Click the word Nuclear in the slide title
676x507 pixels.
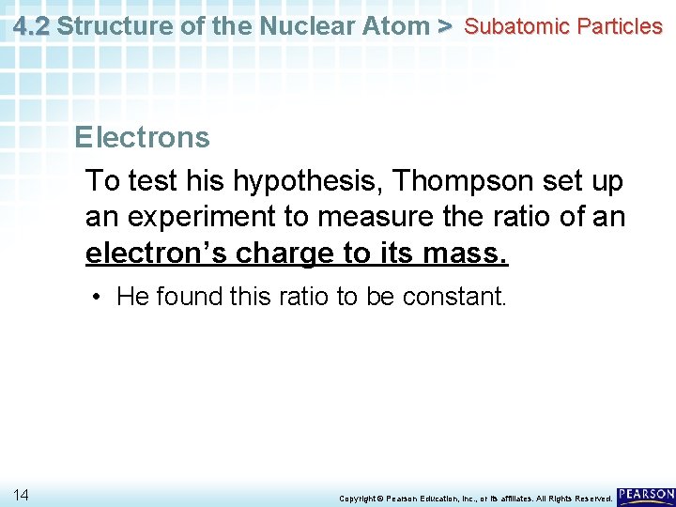pos(295,26)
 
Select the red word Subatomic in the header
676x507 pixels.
pos(517,26)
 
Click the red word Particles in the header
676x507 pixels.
pos(620,26)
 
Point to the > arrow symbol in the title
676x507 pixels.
pos(446,26)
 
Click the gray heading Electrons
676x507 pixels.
pos(142,138)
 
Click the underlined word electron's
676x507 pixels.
pos(157,254)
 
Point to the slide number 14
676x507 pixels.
pos(22,494)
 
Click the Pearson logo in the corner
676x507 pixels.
pos(645,494)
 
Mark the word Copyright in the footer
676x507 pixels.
pos(359,498)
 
